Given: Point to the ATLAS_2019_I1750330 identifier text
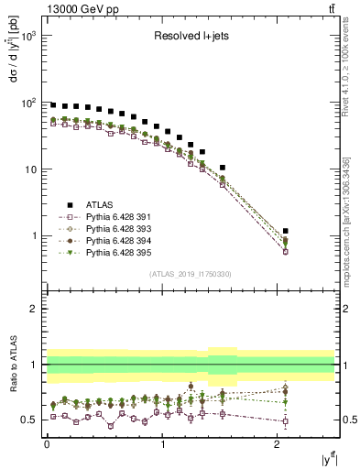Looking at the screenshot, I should pos(191,274).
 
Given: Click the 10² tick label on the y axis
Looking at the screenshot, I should pos(29,103).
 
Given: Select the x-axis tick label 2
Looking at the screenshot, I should pos(278,443).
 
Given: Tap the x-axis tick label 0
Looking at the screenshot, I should pos(47,443).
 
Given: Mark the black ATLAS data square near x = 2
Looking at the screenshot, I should pos(286,231).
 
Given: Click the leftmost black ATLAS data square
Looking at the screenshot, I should pos(53,105).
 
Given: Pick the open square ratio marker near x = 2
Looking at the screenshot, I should pos(286,422).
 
